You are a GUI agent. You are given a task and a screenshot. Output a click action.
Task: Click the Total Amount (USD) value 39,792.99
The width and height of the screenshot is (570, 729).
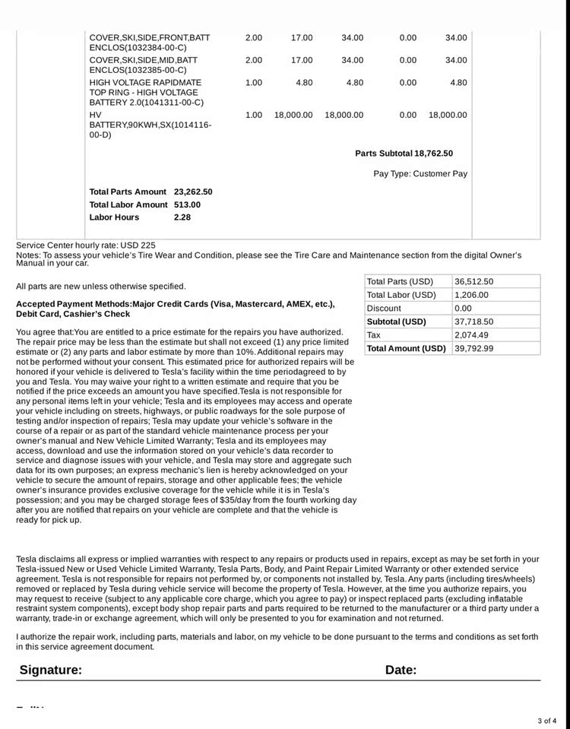click(x=473, y=348)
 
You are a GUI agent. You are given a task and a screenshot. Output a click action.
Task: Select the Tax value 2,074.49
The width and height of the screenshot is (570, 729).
click(x=471, y=335)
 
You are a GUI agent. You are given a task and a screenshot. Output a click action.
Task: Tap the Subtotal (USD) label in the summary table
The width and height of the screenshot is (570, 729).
click(x=396, y=322)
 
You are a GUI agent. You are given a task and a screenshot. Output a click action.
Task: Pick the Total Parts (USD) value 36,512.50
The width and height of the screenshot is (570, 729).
click(x=473, y=281)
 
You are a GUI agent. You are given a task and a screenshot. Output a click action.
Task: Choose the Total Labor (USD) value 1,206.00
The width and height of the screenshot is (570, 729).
click(x=471, y=295)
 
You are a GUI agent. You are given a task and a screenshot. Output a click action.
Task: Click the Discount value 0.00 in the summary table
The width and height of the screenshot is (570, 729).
click(x=463, y=309)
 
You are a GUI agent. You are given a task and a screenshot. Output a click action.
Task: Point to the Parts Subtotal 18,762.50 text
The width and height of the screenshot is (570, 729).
click(x=404, y=154)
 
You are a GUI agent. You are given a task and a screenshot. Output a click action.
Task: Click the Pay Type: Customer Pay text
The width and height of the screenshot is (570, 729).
click(x=420, y=174)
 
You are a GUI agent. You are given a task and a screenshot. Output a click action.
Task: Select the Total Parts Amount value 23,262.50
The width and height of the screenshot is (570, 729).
click(x=193, y=192)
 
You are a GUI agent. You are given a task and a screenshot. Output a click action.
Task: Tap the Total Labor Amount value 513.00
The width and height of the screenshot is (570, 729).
click(x=187, y=204)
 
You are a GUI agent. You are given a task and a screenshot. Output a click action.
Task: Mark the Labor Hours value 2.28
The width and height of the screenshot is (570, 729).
click(x=182, y=217)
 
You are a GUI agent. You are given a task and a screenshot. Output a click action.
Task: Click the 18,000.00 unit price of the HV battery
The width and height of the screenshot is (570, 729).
click(x=293, y=116)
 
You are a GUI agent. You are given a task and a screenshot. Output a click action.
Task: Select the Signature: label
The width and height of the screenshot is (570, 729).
click(x=50, y=670)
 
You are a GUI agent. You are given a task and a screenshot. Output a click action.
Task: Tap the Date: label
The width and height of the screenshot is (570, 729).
click(x=401, y=670)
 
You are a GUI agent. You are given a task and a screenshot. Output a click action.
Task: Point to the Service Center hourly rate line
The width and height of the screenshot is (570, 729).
click(x=86, y=246)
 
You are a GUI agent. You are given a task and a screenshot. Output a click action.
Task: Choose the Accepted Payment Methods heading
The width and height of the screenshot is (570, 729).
click(x=175, y=309)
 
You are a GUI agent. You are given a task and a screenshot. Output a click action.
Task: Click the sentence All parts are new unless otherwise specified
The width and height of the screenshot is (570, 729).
click(x=100, y=287)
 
